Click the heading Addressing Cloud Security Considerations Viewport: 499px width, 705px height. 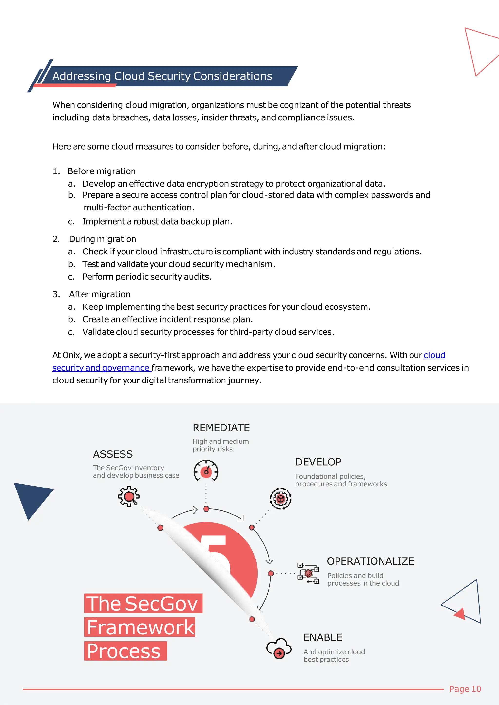tap(162, 76)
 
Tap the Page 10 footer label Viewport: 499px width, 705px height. tap(465, 689)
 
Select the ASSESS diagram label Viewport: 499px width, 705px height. tap(113, 454)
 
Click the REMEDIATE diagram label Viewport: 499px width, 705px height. tap(221, 428)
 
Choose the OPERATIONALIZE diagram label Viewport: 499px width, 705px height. tap(371, 561)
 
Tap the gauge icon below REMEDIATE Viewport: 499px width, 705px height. tap(206, 471)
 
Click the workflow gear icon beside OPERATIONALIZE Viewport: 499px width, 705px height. tap(308, 573)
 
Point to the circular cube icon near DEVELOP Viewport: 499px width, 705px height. tap(280, 498)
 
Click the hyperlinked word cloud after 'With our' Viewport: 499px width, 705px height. tap(434, 355)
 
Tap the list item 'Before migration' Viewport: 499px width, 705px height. tap(101, 171)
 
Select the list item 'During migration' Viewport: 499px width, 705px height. tap(102, 239)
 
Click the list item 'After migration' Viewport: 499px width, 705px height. tap(100, 294)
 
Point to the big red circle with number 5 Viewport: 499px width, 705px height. tap(234, 562)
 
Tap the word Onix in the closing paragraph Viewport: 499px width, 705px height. tap(71, 355)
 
